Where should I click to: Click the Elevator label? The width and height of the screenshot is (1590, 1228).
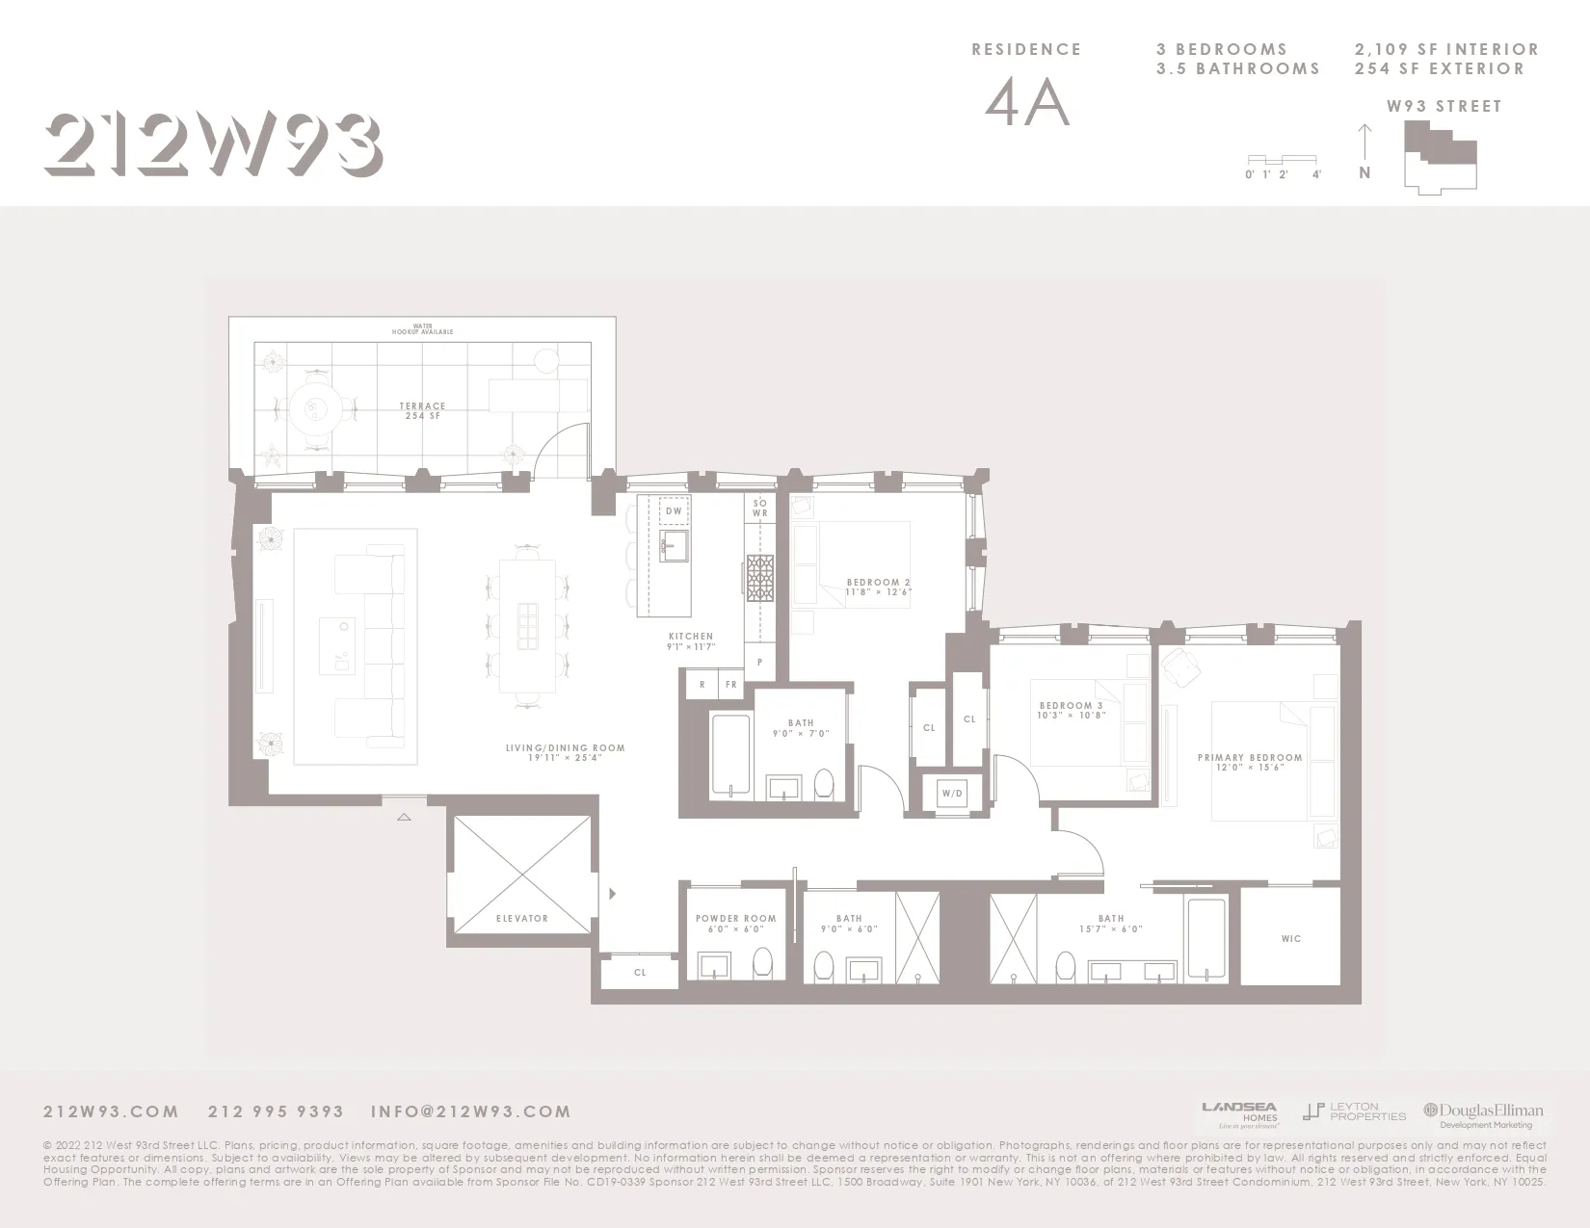pos(521,918)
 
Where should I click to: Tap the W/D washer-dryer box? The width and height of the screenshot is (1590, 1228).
pos(952,794)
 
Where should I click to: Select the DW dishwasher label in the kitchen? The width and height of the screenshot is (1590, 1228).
pos(674,511)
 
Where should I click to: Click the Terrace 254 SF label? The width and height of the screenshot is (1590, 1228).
pos(422,411)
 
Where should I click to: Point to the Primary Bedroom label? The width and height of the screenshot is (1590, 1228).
pos(1250,758)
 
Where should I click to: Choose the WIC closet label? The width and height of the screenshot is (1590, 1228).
pos(1291,938)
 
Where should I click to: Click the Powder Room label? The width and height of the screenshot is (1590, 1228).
pos(735,919)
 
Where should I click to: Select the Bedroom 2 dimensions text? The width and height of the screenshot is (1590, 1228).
pos(878,592)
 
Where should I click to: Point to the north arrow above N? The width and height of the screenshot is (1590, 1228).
pos(1365,142)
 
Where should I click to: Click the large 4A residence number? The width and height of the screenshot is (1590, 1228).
pos(1027,104)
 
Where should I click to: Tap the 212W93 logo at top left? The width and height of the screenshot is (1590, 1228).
pos(213,145)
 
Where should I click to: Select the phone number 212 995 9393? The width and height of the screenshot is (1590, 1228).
pos(276,1111)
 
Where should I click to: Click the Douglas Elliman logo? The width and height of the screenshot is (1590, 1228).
pos(1484,1114)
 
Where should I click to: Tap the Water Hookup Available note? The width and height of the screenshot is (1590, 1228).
pos(422,328)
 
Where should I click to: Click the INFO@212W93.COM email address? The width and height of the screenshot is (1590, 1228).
pos(470,1111)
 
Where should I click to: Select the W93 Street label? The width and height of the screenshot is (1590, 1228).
pos(1444,107)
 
